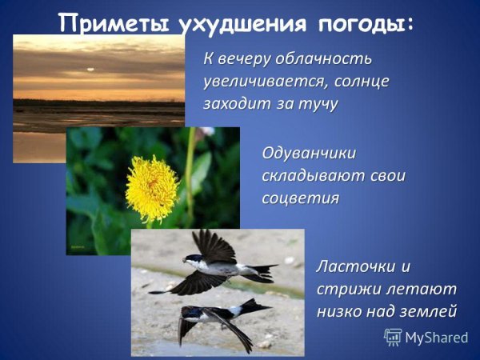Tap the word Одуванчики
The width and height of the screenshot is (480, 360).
[310, 152]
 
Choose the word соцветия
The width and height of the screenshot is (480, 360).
[300, 198]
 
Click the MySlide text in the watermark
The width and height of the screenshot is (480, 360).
[437, 337]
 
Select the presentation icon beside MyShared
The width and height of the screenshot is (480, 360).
[393, 336]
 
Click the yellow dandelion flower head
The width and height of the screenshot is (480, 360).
[151, 188]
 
